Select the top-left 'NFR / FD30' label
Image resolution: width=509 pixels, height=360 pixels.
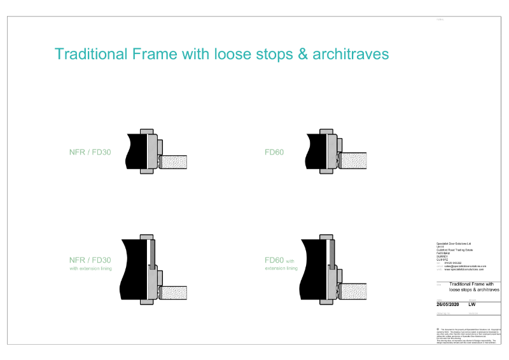(90, 153)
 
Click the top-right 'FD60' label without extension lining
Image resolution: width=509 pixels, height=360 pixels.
(274, 153)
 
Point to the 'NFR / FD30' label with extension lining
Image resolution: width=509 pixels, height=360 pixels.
(90, 260)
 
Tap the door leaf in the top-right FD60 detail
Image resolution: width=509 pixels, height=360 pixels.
(352, 162)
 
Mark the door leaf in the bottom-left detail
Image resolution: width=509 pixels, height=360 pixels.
(172, 293)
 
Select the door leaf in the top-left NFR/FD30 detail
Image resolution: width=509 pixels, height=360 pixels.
(172, 162)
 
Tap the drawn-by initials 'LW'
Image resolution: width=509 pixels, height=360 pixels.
(472, 305)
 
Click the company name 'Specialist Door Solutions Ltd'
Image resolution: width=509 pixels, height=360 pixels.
(454, 244)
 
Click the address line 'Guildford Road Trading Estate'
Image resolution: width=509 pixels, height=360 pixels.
(454, 250)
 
